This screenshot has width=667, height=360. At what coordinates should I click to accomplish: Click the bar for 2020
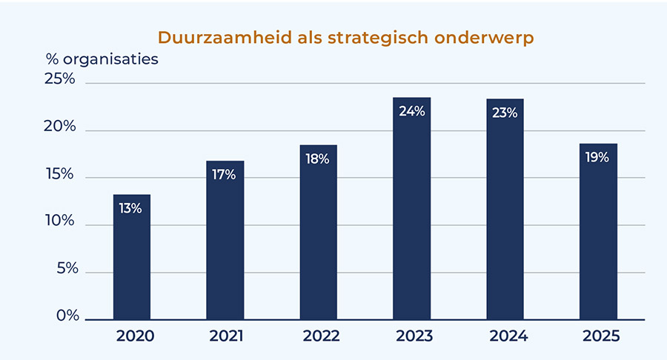point(132,259)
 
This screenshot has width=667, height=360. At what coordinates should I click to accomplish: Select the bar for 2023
point(411,215)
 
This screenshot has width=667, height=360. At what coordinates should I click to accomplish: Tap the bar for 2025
point(598,237)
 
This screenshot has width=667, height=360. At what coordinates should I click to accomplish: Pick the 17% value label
point(225,175)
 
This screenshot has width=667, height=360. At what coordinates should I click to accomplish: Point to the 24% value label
point(411,112)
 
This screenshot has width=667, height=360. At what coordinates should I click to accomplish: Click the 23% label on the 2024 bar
point(505,113)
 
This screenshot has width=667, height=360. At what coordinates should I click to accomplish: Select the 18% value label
point(318,159)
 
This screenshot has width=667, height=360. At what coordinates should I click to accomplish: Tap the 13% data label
point(131,208)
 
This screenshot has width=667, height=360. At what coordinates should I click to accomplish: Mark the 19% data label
point(598,157)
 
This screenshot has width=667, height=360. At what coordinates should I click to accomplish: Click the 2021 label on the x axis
point(225,336)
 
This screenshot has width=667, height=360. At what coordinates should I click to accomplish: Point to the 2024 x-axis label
point(505,336)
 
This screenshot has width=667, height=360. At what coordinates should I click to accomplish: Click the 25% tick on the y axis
point(60,79)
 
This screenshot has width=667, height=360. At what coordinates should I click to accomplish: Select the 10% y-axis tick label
point(60,221)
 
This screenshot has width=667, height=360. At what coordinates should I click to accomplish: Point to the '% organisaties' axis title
point(102,59)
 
